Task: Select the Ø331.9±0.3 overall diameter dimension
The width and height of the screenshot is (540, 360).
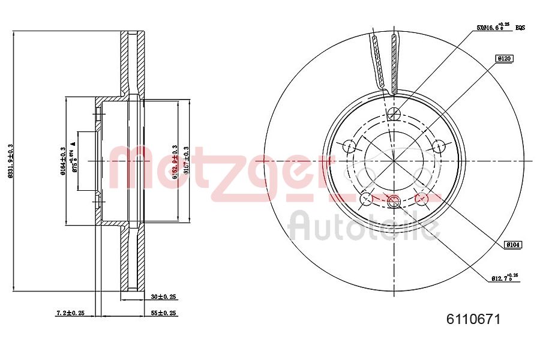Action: (x=10, y=161)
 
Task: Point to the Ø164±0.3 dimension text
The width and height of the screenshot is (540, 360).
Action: (x=62, y=161)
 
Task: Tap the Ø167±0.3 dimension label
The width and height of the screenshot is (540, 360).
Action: (x=187, y=161)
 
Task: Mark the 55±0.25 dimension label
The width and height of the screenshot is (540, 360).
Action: (x=163, y=313)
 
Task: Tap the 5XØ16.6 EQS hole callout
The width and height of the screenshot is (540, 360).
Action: (x=500, y=27)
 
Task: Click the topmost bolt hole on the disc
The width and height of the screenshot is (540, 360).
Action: (x=394, y=115)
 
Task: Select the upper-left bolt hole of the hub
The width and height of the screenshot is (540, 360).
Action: (x=349, y=146)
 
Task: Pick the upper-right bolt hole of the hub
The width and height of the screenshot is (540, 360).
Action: (x=439, y=146)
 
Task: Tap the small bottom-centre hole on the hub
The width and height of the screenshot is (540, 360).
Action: (x=394, y=200)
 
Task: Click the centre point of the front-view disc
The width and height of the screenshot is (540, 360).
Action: (x=394, y=161)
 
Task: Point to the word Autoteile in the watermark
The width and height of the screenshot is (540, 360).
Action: (x=364, y=227)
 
